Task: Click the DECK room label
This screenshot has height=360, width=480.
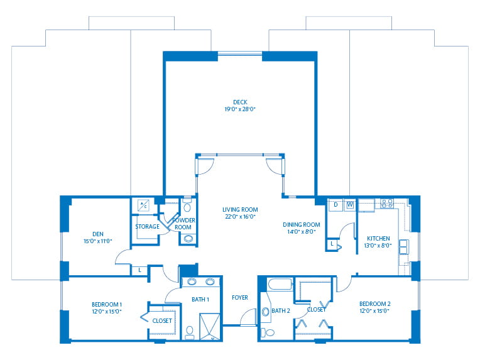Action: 240,101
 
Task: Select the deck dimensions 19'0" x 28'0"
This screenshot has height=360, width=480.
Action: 240,109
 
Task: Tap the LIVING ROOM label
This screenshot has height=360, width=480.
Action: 240,210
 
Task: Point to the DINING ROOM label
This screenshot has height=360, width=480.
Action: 303,224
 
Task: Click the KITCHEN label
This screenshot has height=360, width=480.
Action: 379,238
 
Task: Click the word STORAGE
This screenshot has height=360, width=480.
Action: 146,227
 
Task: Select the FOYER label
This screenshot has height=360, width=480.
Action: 239,297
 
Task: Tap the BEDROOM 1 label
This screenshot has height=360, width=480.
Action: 106,304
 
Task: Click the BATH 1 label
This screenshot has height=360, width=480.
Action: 200,299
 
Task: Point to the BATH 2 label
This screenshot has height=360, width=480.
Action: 280,310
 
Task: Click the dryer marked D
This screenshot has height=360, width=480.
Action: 335,205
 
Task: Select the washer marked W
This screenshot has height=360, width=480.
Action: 349,205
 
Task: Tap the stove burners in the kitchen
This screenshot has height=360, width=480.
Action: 387,204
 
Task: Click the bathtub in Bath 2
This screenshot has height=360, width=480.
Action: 280,285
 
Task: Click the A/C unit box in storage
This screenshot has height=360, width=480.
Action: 143,205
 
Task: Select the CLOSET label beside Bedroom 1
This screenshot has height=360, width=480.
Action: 162,320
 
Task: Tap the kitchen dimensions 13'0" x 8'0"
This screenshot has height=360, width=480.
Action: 379,246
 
